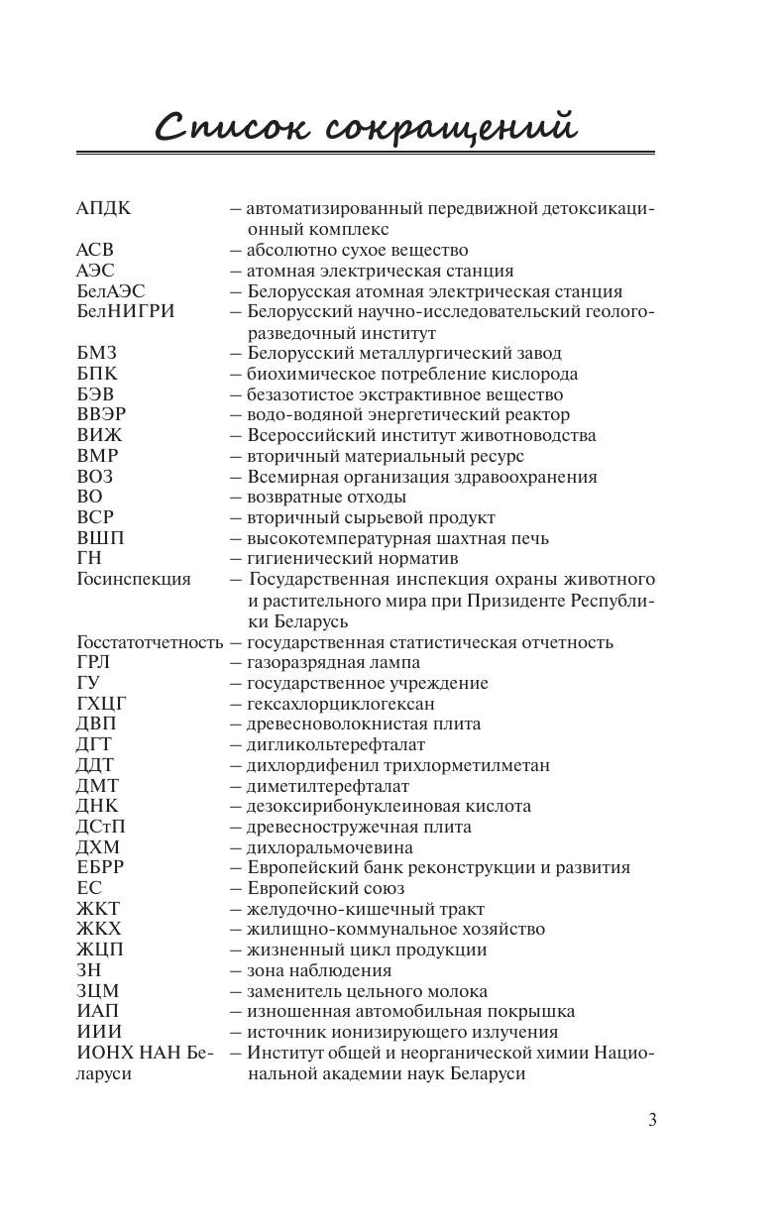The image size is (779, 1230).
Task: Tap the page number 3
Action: pyautogui.click(x=652, y=1120)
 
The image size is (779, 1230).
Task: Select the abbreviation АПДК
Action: pyautogui.click(x=103, y=209)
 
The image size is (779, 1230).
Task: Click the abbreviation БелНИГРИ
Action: pyautogui.click(x=125, y=311)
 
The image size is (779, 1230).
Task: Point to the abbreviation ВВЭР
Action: pyautogui.click(x=101, y=414)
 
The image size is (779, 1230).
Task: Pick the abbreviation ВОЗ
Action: pyautogui.click(x=95, y=477)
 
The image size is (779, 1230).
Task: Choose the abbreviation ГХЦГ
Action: pyautogui.click(x=102, y=704)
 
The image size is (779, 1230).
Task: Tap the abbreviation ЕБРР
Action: pyautogui.click(x=100, y=868)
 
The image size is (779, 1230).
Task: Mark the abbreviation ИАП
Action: pyautogui.click(x=97, y=1012)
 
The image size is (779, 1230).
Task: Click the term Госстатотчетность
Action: pyautogui.click(x=150, y=642)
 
